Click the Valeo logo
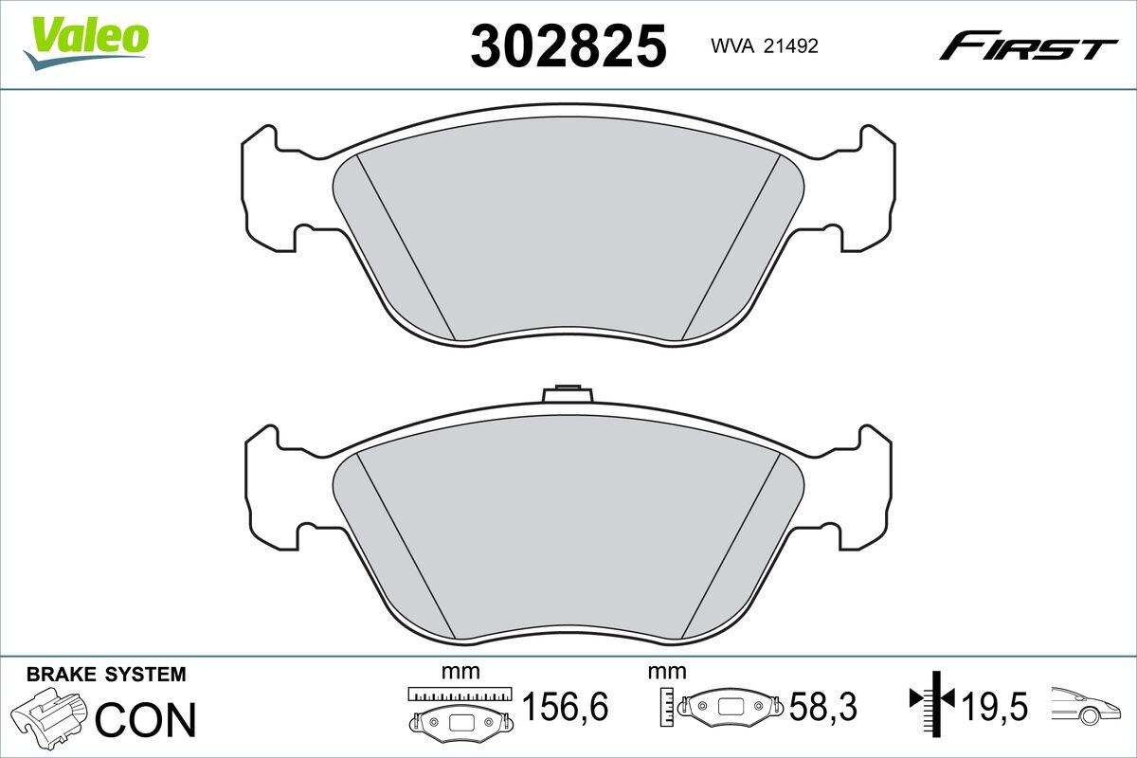click(86, 43)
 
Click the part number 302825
click(568, 45)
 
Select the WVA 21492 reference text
click(765, 46)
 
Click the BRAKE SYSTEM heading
click(106, 675)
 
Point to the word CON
click(145, 719)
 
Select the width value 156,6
click(565, 707)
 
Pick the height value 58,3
click(822, 707)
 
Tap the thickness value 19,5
click(995, 707)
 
